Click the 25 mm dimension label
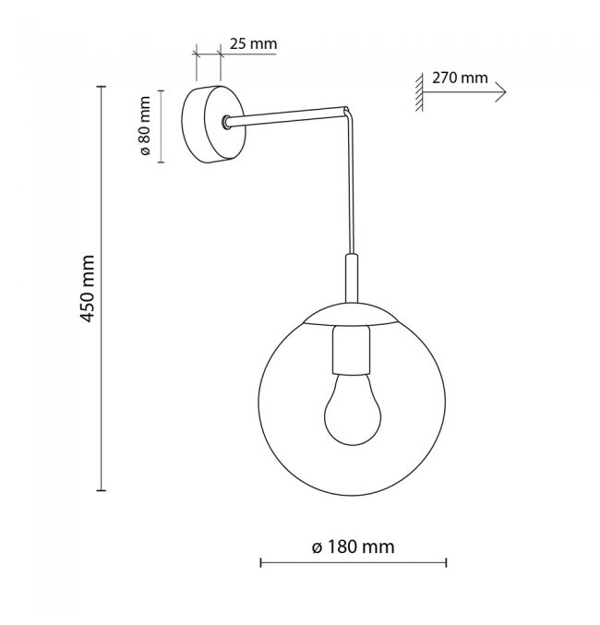253,43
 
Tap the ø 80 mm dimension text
145,126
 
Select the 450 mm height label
88,288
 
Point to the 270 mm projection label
460,78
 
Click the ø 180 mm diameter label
354,547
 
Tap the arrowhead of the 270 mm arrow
501,92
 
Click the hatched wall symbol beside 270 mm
418,92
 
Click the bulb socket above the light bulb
351,351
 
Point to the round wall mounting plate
213,125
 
